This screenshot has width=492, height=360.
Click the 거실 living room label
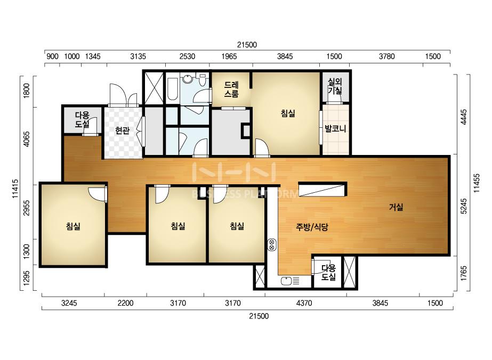(396, 207)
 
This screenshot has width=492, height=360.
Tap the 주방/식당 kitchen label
(312, 227)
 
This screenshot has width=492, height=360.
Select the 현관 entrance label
(122, 130)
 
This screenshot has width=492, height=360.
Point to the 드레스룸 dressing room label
(231, 89)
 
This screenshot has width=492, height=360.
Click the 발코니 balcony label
(335, 128)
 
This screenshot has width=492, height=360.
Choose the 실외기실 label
(335, 86)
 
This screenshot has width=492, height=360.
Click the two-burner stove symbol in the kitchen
(272, 244)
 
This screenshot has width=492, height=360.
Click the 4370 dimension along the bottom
(304, 303)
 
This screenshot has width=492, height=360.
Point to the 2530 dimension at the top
(187, 56)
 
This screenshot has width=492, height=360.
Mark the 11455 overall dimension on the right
(477, 183)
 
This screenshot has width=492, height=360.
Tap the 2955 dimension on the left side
(27, 208)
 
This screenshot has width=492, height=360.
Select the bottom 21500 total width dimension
(259, 316)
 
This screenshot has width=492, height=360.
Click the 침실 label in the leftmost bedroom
(73, 226)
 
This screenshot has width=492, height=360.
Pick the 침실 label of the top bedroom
(288, 113)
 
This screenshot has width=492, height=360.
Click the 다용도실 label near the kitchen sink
(328, 272)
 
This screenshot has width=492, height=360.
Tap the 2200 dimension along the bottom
(125, 303)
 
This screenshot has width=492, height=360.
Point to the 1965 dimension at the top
(229, 56)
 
